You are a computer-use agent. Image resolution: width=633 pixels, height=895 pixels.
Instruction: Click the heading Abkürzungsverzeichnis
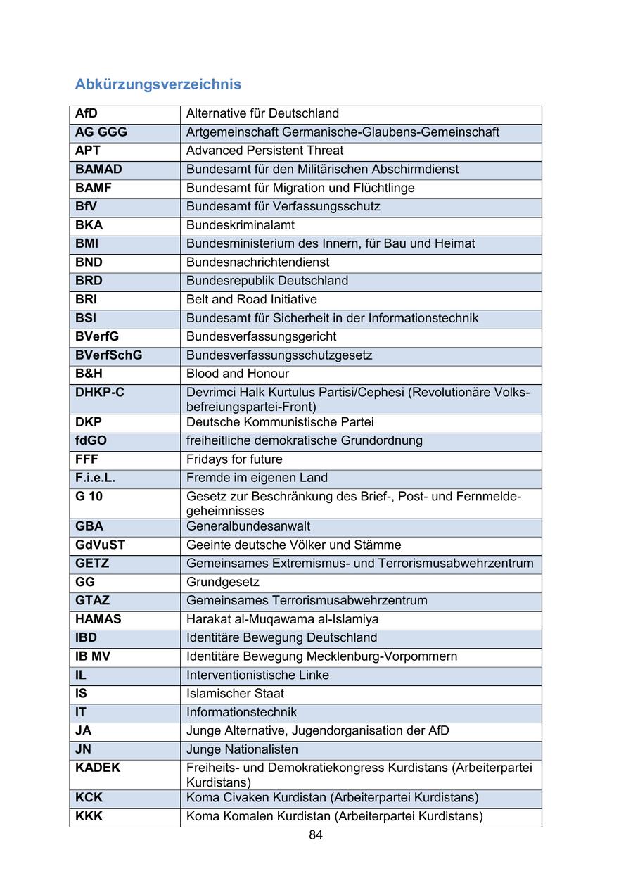[158, 84]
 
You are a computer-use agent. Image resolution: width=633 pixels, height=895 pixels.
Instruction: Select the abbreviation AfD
[87, 113]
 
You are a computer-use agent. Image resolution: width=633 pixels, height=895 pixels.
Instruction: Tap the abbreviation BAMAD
[98, 169]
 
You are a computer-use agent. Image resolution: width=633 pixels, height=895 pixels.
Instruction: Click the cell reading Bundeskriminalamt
[241, 225]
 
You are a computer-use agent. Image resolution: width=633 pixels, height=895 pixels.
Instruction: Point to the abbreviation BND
[89, 262]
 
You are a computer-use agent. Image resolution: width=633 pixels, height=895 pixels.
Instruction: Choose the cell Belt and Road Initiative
[252, 299]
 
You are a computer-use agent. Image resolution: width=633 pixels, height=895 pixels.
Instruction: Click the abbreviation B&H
[89, 374]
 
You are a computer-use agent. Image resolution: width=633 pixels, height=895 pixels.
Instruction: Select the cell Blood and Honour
[238, 374]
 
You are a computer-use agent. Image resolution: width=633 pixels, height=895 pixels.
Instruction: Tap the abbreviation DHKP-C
[100, 392]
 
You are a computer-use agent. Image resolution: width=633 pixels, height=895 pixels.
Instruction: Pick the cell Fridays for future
[234, 459]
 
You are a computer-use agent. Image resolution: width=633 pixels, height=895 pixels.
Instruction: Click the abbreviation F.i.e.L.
[95, 478]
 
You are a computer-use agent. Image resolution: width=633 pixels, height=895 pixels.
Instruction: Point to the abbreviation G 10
[89, 496]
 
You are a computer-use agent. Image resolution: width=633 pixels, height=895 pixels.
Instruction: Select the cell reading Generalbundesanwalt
[248, 526]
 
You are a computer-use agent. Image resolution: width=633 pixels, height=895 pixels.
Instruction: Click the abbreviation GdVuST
[101, 545]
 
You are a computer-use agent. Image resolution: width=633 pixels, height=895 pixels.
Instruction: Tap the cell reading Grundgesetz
[223, 582]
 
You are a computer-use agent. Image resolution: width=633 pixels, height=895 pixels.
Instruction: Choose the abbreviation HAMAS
[98, 619]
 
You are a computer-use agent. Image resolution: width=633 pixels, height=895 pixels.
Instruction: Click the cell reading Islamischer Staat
[235, 693]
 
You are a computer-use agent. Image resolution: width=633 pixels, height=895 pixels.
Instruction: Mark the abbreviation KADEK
[98, 768]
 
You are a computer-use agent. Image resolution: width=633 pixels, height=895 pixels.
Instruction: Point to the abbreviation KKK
[89, 816]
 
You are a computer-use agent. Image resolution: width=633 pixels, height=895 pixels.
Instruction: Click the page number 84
[316, 835]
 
